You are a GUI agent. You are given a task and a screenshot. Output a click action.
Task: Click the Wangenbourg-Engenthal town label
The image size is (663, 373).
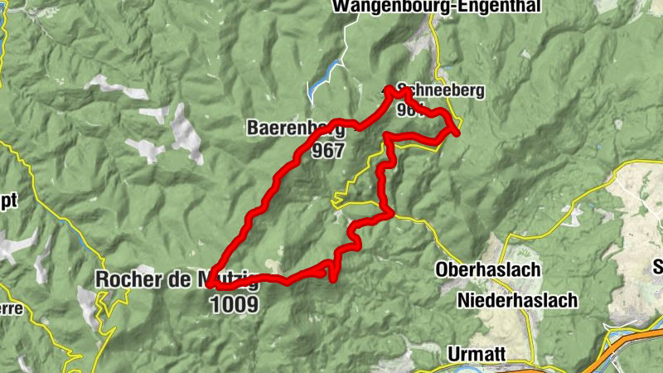click(436, 7)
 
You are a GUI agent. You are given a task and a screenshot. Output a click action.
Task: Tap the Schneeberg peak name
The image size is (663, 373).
click(440, 90)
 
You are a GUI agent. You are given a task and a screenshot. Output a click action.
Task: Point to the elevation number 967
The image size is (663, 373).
click(328, 151)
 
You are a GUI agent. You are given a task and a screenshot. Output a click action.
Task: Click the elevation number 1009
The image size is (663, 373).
click(235, 304)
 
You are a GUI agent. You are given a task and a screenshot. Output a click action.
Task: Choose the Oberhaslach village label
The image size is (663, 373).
click(488, 270)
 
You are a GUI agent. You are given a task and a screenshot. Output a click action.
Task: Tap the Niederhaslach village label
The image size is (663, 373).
click(517, 301)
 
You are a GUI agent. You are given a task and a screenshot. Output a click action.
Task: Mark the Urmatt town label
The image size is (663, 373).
click(476, 353)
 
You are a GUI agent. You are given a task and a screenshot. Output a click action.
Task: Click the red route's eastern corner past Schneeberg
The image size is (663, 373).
click(457, 130)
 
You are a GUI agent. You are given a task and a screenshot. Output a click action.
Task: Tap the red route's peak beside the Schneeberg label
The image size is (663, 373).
click(389, 89)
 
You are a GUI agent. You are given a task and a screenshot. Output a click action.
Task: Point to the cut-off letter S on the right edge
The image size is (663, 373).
click(658, 266)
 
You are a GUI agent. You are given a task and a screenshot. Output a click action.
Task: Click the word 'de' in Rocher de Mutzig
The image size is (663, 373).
click(181, 279)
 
